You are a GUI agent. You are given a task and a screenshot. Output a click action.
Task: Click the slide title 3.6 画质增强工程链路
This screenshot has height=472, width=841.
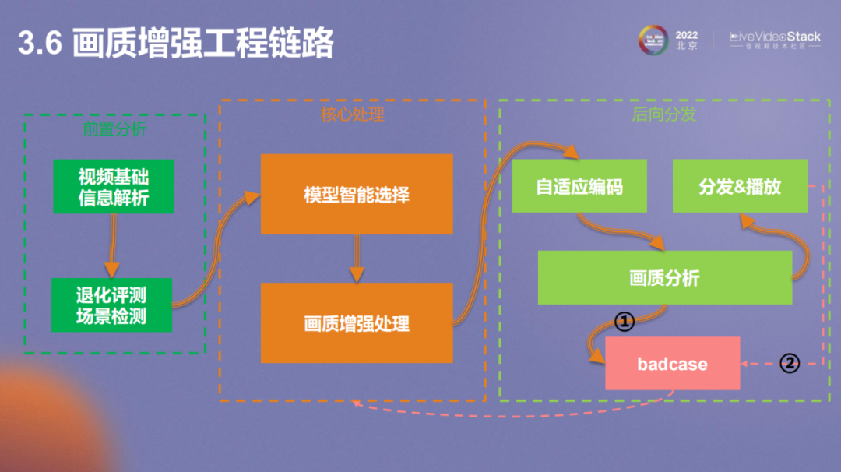tap(176, 44)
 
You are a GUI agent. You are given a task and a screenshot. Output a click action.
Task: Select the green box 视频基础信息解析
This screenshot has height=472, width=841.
tap(113, 187)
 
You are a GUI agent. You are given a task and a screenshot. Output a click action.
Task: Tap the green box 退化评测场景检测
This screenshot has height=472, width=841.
tap(111, 305)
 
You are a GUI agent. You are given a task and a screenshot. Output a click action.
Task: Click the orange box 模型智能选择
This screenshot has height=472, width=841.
tap(357, 194)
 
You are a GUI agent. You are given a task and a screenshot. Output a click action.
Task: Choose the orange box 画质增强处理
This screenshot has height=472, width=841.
tap(357, 322)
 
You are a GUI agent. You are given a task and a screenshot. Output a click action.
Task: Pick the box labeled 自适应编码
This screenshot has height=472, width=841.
tap(579, 187)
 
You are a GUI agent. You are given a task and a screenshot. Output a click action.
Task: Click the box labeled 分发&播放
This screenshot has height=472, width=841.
tap(740, 187)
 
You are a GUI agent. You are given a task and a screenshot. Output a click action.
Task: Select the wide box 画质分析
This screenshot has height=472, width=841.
tap(664, 277)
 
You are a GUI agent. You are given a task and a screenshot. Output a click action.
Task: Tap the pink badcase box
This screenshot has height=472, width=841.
tap(673, 364)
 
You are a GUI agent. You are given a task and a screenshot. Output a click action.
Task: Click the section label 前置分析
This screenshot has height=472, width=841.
tap(114, 129)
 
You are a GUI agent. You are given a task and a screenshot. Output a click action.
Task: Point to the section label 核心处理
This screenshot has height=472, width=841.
tap(353, 114)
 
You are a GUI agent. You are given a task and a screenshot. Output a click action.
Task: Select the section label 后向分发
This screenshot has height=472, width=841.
tap(663, 114)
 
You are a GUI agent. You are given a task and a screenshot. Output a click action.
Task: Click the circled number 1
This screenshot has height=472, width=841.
tap(625, 320)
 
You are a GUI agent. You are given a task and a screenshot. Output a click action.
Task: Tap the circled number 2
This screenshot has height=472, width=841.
tap(790, 363)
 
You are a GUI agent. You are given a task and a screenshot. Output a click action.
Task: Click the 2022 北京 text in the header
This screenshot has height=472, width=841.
tap(687, 41)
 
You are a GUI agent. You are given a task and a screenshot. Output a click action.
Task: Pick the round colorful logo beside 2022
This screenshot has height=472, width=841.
tap(654, 41)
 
